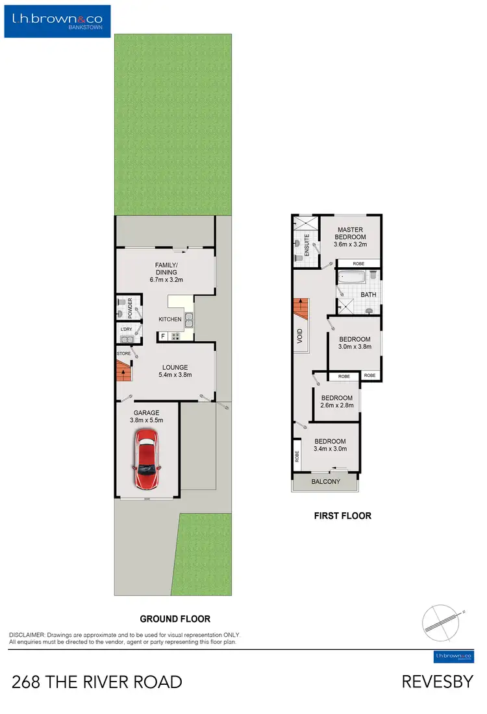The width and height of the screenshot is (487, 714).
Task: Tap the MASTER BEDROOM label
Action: point(350,233)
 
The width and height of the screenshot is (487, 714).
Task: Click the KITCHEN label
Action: point(170,320)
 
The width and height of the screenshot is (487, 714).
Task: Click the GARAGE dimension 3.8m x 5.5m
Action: point(146,420)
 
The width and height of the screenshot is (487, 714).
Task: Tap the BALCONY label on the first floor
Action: point(325,481)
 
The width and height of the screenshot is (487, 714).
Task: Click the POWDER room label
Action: point(131,306)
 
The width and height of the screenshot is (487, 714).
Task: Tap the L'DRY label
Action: point(127,329)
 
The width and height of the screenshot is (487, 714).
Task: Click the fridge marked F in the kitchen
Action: point(163,336)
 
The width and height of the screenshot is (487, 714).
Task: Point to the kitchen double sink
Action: point(188,319)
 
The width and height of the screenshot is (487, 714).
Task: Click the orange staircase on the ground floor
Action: point(123,373)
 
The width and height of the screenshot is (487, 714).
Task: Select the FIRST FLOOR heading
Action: point(342,516)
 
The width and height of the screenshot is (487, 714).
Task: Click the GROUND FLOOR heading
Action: point(175,619)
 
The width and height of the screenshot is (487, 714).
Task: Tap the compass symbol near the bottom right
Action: point(443,620)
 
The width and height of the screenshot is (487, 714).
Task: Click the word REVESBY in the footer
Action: point(437,682)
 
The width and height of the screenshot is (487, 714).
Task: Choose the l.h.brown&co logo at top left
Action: point(57,19)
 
